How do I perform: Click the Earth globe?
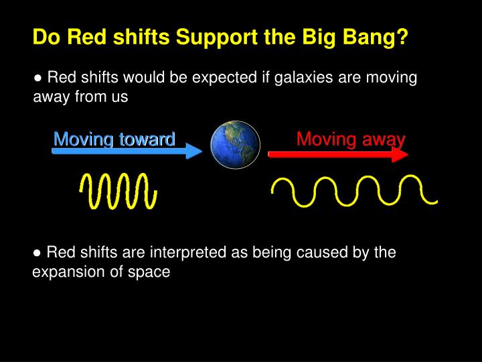tap(235, 145)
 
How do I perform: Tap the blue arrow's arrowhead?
tap(193, 152)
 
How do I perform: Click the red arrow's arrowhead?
tap(400, 154)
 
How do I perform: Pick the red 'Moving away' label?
tap(351, 139)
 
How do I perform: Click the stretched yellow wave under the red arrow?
tap(355, 190)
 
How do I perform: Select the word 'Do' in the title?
tap(44, 37)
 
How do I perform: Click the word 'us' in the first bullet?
tap(120, 97)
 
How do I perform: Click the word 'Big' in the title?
tap(325, 37)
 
